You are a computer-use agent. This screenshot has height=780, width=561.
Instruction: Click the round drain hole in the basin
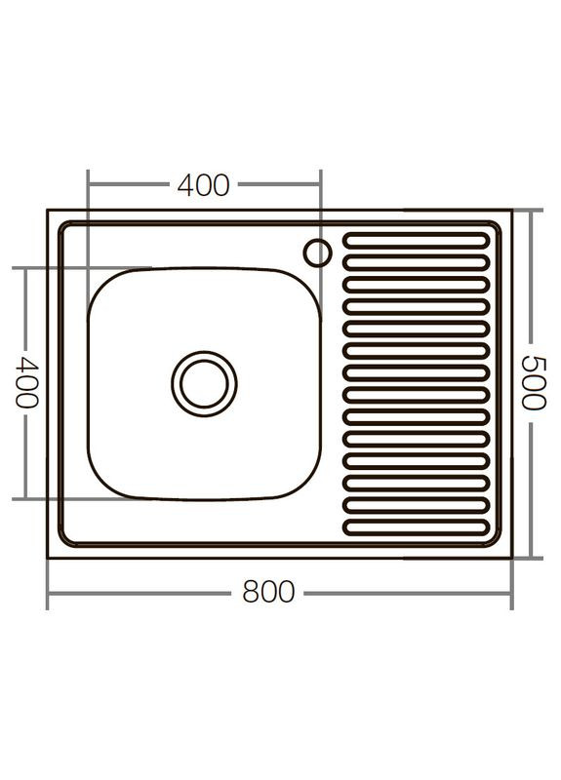[x=204, y=383]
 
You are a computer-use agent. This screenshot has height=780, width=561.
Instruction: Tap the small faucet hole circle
[x=317, y=253]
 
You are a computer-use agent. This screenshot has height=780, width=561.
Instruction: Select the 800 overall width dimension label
[x=267, y=592]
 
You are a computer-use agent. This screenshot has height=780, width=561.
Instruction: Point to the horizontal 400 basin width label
[x=203, y=184]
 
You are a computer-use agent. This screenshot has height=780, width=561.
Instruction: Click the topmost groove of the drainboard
[x=417, y=238]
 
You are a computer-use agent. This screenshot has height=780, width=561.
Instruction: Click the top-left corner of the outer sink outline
[x=48, y=210]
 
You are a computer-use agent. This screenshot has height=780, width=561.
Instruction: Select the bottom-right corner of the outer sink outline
[x=512, y=558]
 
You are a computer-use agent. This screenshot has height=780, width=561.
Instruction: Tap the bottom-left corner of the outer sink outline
[x=48, y=558]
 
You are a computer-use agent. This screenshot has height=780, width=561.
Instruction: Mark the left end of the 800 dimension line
[x=48, y=593]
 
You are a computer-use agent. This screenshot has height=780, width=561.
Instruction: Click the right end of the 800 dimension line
[x=511, y=593]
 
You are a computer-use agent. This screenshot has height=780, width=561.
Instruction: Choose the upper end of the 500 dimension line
[x=531, y=211]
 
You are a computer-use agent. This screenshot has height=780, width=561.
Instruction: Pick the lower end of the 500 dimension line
[x=531, y=558]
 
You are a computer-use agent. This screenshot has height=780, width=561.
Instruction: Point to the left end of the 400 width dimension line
[x=88, y=183]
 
